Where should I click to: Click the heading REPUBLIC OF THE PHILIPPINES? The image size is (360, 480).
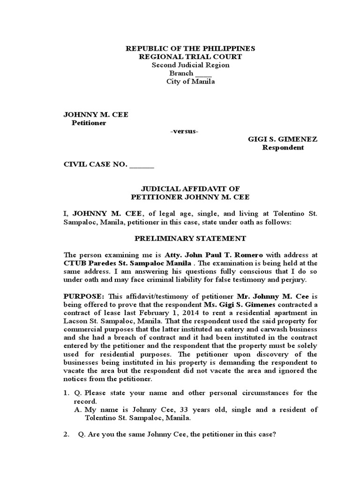pyautogui.click(x=190, y=49)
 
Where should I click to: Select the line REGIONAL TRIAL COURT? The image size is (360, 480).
pyautogui.click(x=190, y=57)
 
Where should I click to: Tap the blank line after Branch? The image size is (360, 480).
pyautogui.click(x=203, y=74)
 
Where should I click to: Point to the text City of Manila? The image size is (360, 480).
pyautogui.click(x=190, y=82)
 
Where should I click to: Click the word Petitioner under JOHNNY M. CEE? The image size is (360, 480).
pyautogui.click(x=89, y=123)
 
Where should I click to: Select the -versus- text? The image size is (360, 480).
pyautogui.click(x=184, y=131)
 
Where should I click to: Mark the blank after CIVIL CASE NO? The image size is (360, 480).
pyautogui.click(x=141, y=165)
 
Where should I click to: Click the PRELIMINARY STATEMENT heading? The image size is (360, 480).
pyautogui.click(x=190, y=238)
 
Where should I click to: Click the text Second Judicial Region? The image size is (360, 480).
pyautogui.click(x=190, y=65)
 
